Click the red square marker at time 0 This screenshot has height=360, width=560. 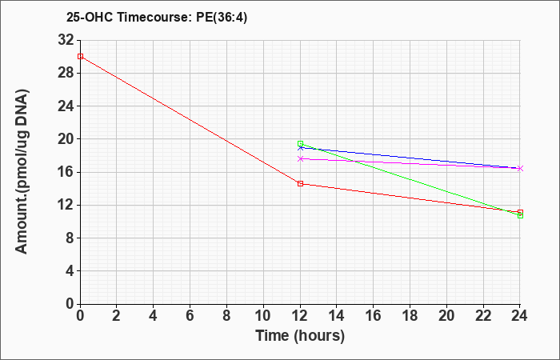[80, 57]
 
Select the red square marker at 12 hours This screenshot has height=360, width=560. [300, 183]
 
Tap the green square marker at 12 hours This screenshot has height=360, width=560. [300, 143]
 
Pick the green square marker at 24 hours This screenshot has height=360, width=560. [520, 216]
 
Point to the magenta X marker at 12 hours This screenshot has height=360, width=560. [300, 158]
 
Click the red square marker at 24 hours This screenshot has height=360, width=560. [520, 212]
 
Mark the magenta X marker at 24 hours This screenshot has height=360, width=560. [520, 168]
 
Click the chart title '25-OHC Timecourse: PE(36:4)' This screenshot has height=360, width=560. [157, 17]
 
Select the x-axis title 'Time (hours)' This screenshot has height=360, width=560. [300, 336]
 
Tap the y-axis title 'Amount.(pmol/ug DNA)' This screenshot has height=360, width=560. [22, 171]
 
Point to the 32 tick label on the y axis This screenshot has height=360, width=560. [66, 40]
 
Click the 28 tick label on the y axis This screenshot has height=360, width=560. [66, 74]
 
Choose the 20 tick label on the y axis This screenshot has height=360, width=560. [66, 139]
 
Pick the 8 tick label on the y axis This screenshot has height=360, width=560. [70, 238]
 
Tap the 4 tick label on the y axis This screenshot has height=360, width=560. [70, 270]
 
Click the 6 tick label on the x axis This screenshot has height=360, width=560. [190, 316]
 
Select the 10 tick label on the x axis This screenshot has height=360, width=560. [263, 316]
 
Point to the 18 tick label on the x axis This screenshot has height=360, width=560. [410, 316]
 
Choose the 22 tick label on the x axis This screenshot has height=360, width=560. [483, 316]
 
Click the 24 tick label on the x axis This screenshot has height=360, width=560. [520, 316]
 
